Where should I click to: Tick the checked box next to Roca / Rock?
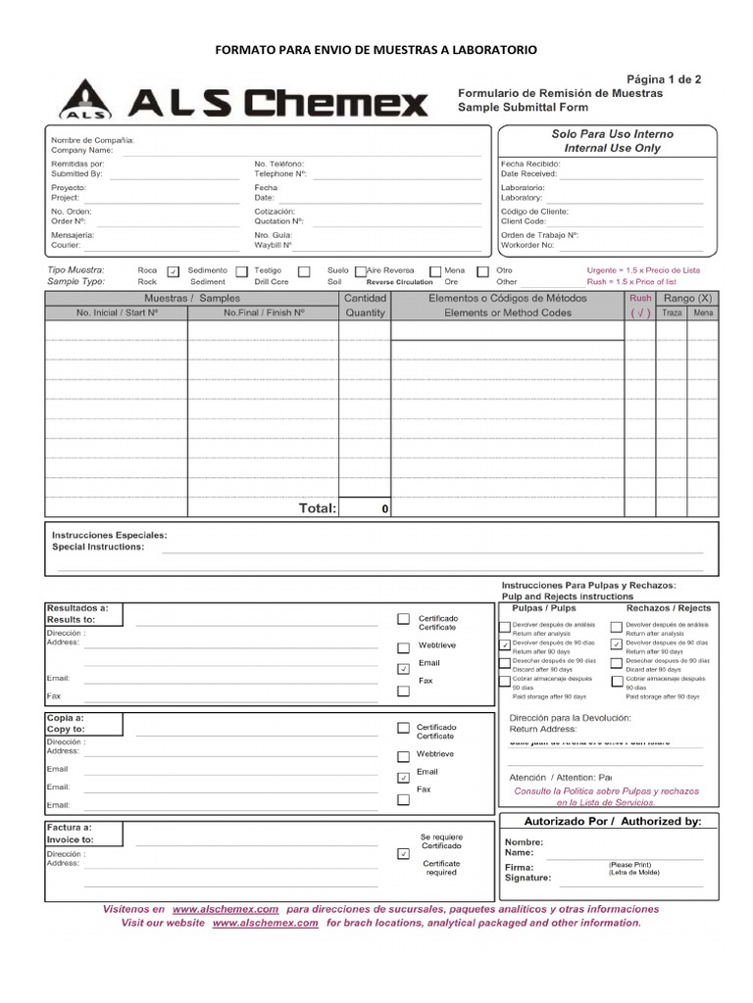[174, 271]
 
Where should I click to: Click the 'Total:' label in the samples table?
[317, 508]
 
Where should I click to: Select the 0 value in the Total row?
[384, 509]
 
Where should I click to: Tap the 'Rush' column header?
[639, 298]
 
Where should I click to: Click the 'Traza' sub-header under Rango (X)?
[671, 313]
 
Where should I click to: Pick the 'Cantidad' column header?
[365, 298]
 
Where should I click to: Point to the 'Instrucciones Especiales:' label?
[109, 536]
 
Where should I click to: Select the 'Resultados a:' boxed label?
[77, 608]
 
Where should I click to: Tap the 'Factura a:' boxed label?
[71, 828]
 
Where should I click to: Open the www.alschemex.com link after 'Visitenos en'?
[226, 909]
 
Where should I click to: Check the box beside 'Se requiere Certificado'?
[403, 854]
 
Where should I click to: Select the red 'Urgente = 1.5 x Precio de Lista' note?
[643, 269]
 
